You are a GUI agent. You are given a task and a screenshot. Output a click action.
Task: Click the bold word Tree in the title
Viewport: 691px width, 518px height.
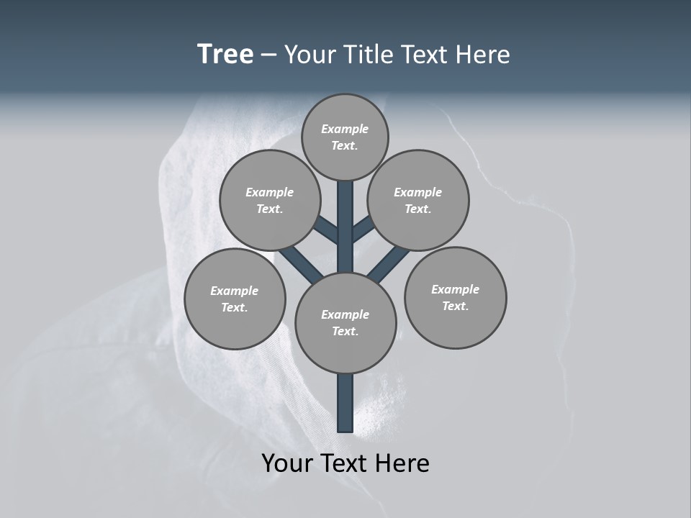225,55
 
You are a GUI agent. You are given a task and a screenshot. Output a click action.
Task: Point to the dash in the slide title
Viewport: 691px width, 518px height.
269,55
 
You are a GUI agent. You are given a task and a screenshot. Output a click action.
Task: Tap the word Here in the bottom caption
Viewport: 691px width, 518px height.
405,463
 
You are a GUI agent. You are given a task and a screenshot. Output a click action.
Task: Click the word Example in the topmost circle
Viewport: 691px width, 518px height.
345,129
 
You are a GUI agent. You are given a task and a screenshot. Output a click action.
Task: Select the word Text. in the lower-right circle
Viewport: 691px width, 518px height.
455,306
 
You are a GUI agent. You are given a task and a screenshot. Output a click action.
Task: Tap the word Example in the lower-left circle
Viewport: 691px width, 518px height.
234,291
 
